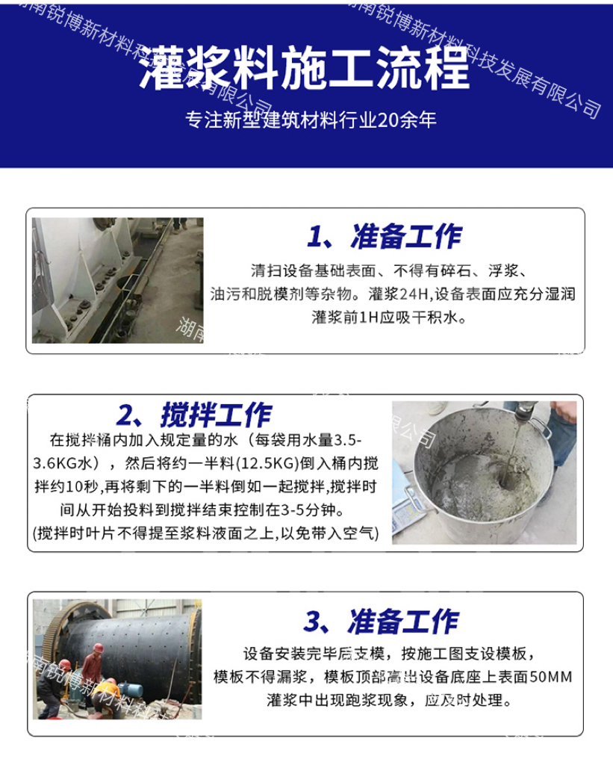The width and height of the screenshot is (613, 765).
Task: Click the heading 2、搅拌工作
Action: (x=194, y=415)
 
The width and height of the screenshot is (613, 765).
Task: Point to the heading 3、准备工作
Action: (x=381, y=622)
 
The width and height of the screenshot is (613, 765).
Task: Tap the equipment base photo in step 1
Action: (x=117, y=281)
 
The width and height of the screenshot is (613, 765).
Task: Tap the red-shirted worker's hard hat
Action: (x=99, y=648)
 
